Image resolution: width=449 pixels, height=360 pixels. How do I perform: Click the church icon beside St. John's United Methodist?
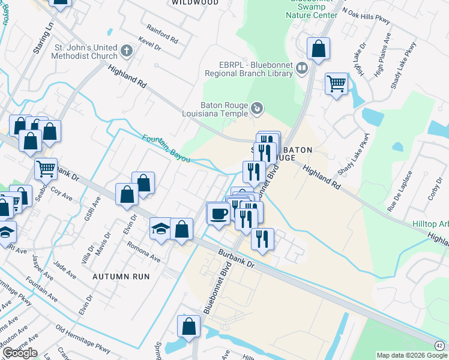click(127, 52)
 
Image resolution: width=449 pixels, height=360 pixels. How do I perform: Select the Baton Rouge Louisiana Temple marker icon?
click(257, 108)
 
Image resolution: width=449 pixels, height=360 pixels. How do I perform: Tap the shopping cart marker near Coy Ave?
click(46, 169)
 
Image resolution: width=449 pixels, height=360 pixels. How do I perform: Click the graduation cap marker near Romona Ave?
click(161, 228)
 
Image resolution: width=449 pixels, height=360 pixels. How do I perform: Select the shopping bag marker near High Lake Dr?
click(319, 49)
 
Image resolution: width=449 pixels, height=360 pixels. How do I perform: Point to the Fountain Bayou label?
click(166, 148)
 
